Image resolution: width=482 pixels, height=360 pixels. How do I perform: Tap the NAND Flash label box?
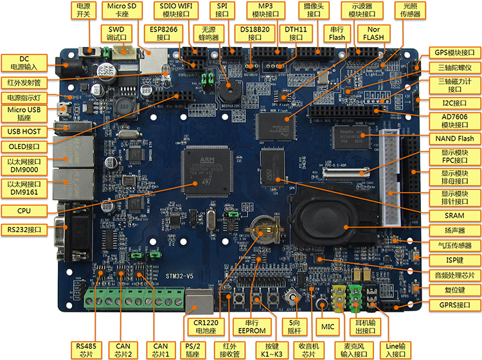(x=457, y=139)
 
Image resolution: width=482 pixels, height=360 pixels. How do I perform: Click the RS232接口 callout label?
(x=24, y=229)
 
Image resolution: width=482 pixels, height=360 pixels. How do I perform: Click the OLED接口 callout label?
(x=24, y=147)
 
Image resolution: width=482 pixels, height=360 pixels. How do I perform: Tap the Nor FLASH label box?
(x=373, y=33)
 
